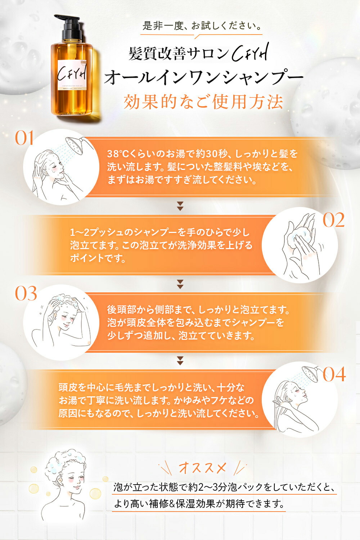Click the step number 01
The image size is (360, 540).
pos(24,139)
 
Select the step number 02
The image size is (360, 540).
pos(333,220)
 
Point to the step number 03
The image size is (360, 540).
pos(26,294)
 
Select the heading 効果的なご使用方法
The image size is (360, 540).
pos(203,102)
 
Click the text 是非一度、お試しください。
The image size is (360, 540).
pos(202,26)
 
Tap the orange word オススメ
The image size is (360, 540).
pos(202,468)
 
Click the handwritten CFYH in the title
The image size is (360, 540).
pos(250,54)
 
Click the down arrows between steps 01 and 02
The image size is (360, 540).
pos(180,206)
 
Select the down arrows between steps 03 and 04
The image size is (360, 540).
pos(180,360)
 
